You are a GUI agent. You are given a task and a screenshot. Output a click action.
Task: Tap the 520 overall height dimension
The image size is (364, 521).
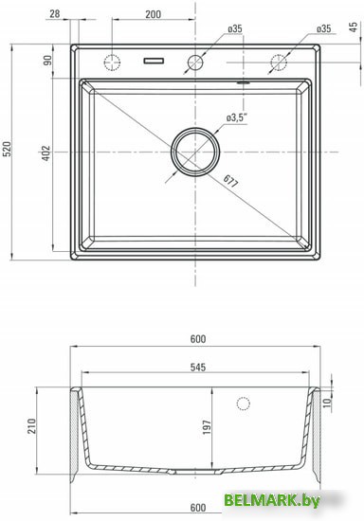(x=8, y=149)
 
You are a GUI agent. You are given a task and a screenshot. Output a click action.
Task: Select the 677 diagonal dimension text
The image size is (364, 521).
(x=232, y=177)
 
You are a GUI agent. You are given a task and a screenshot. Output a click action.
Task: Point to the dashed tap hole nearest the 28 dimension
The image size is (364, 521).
(x=112, y=63)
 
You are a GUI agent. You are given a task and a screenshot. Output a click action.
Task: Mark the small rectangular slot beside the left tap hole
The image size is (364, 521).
(x=153, y=63)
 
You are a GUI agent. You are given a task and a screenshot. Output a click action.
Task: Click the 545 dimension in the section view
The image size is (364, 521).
(x=194, y=370)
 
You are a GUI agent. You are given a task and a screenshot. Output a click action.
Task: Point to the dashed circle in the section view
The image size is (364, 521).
(x=244, y=404)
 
